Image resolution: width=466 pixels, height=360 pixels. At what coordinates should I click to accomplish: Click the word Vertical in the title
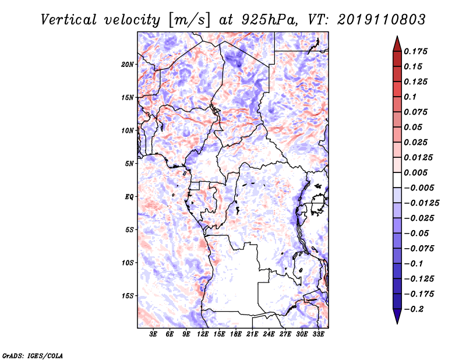[x=68, y=20]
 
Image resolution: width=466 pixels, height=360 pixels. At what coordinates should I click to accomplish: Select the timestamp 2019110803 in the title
[x=382, y=20]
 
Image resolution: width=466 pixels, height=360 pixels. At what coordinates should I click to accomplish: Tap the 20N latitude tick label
[x=128, y=65]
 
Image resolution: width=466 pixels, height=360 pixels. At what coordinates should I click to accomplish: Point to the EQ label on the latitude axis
[x=129, y=197]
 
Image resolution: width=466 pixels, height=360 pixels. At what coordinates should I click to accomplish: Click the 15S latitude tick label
[x=128, y=296]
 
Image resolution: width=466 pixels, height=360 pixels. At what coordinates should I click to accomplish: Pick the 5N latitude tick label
[x=129, y=164]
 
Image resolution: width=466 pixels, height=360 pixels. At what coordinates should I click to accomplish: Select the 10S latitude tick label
[x=128, y=263]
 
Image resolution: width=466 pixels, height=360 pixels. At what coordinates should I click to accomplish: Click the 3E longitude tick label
[x=153, y=334]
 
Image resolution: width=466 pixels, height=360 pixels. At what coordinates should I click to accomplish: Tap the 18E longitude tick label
[x=236, y=334]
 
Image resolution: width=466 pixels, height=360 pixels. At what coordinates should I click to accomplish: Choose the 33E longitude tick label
[x=318, y=334]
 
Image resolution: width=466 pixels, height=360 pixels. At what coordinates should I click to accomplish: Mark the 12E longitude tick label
[x=203, y=334]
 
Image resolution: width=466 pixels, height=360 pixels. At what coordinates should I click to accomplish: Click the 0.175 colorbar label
[x=415, y=51]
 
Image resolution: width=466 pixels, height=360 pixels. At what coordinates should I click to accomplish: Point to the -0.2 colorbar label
[x=414, y=309]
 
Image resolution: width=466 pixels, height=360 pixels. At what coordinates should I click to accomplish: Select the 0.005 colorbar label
[x=415, y=172]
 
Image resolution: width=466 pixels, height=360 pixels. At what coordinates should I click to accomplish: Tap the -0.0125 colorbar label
[x=421, y=203]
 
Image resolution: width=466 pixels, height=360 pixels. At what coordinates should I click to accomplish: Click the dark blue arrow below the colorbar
[x=397, y=316]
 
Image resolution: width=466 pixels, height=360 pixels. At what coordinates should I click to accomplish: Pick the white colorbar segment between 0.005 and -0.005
[x=397, y=180]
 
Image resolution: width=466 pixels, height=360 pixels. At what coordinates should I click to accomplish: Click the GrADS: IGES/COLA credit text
[x=33, y=355]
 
